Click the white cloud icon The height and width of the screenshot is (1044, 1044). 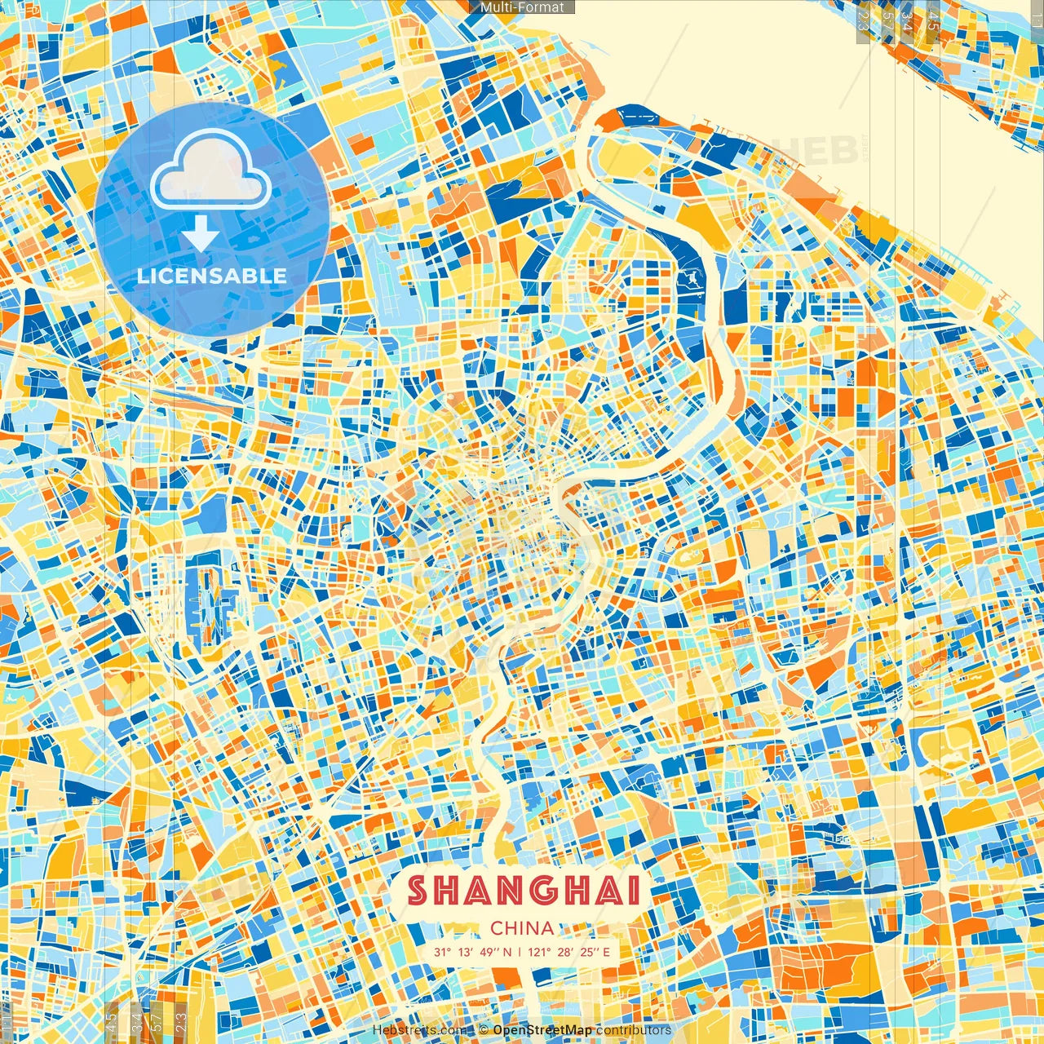[210, 170]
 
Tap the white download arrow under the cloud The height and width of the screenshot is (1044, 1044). [200, 235]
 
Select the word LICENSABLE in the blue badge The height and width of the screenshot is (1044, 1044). [212, 276]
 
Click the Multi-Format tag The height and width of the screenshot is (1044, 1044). [522, 7]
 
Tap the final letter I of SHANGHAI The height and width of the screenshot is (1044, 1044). [633, 891]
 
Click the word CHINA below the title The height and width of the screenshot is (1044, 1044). [522, 927]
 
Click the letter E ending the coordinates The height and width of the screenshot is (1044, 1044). [607, 952]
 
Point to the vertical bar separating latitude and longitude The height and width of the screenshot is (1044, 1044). [519, 952]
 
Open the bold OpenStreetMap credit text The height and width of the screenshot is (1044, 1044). [542, 1030]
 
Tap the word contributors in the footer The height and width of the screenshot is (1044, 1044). [633, 1030]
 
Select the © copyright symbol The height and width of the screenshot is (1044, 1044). [484, 1030]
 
